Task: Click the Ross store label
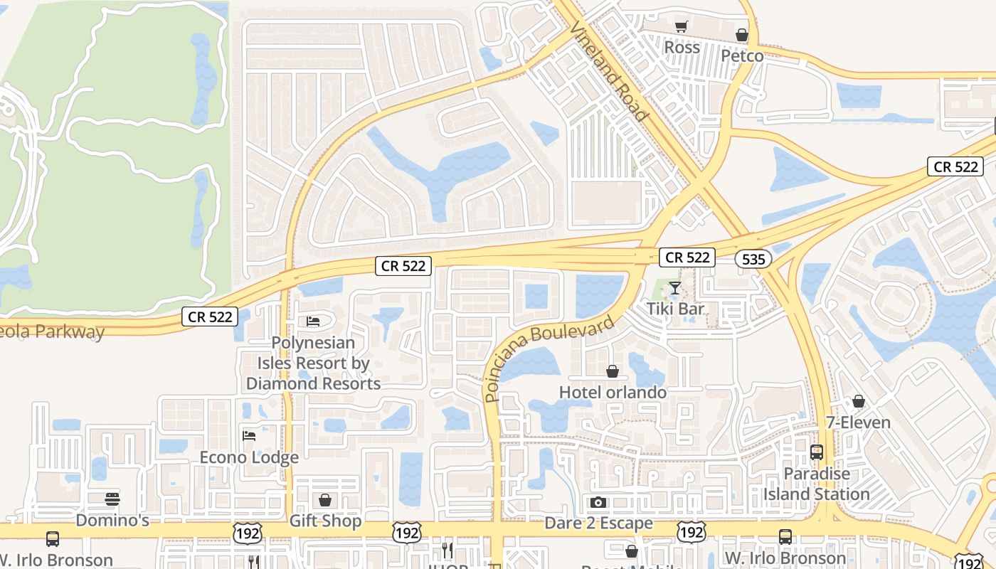pos(682,48)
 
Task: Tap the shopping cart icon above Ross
pos(682,27)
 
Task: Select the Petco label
pos(742,56)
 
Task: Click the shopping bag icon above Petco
pos(742,35)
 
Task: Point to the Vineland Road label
pos(609,70)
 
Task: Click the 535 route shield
pos(753,259)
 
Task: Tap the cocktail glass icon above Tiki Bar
pos(675,288)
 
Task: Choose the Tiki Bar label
pos(675,309)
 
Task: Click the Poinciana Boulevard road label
pos(549,359)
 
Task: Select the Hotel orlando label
pos(613,392)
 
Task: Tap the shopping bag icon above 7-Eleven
pos(859,401)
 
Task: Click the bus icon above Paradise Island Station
pos(817,452)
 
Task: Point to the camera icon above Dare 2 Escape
pos(598,502)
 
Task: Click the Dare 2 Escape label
pos(598,523)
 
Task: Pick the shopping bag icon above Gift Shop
pos(325,500)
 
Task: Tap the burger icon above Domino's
pos(112,499)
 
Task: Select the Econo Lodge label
pos(249,457)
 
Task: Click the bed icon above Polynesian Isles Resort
pos(313,321)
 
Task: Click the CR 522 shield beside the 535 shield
pos(687,257)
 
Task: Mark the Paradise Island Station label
pos(817,484)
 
